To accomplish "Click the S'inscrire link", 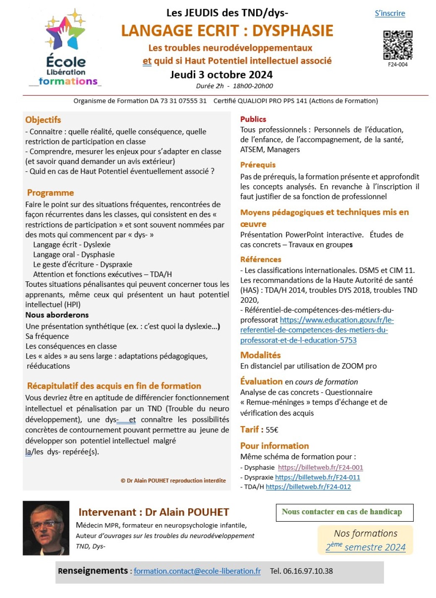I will pyautogui.click(x=389, y=13).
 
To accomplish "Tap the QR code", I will pyautogui.click(x=397, y=45).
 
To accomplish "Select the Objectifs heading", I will pyautogui.click(x=43, y=120).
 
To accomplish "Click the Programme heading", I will pyautogui.click(x=50, y=193).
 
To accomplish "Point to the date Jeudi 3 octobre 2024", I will pyautogui.click(x=221, y=75).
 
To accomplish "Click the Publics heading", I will pyautogui.click(x=253, y=119).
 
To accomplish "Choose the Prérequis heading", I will pyautogui.click(x=258, y=165).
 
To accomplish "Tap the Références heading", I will pyautogui.click(x=261, y=260).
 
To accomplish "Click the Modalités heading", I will pyautogui.click(x=260, y=355).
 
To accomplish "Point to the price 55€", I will pyautogui.click(x=272, y=430).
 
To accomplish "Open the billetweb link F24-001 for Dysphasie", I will pyautogui.click(x=320, y=467).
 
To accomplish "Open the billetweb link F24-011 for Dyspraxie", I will pyautogui.click(x=317, y=477).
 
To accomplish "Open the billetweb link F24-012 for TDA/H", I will pyautogui.click(x=308, y=487).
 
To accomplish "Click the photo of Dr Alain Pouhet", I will pyautogui.click(x=46, y=528).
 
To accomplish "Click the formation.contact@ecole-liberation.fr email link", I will pyautogui.click(x=197, y=571).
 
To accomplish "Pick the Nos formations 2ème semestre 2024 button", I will pyautogui.click(x=366, y=540).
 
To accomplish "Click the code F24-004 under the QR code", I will pyautogui.click(x=397, y=65).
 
